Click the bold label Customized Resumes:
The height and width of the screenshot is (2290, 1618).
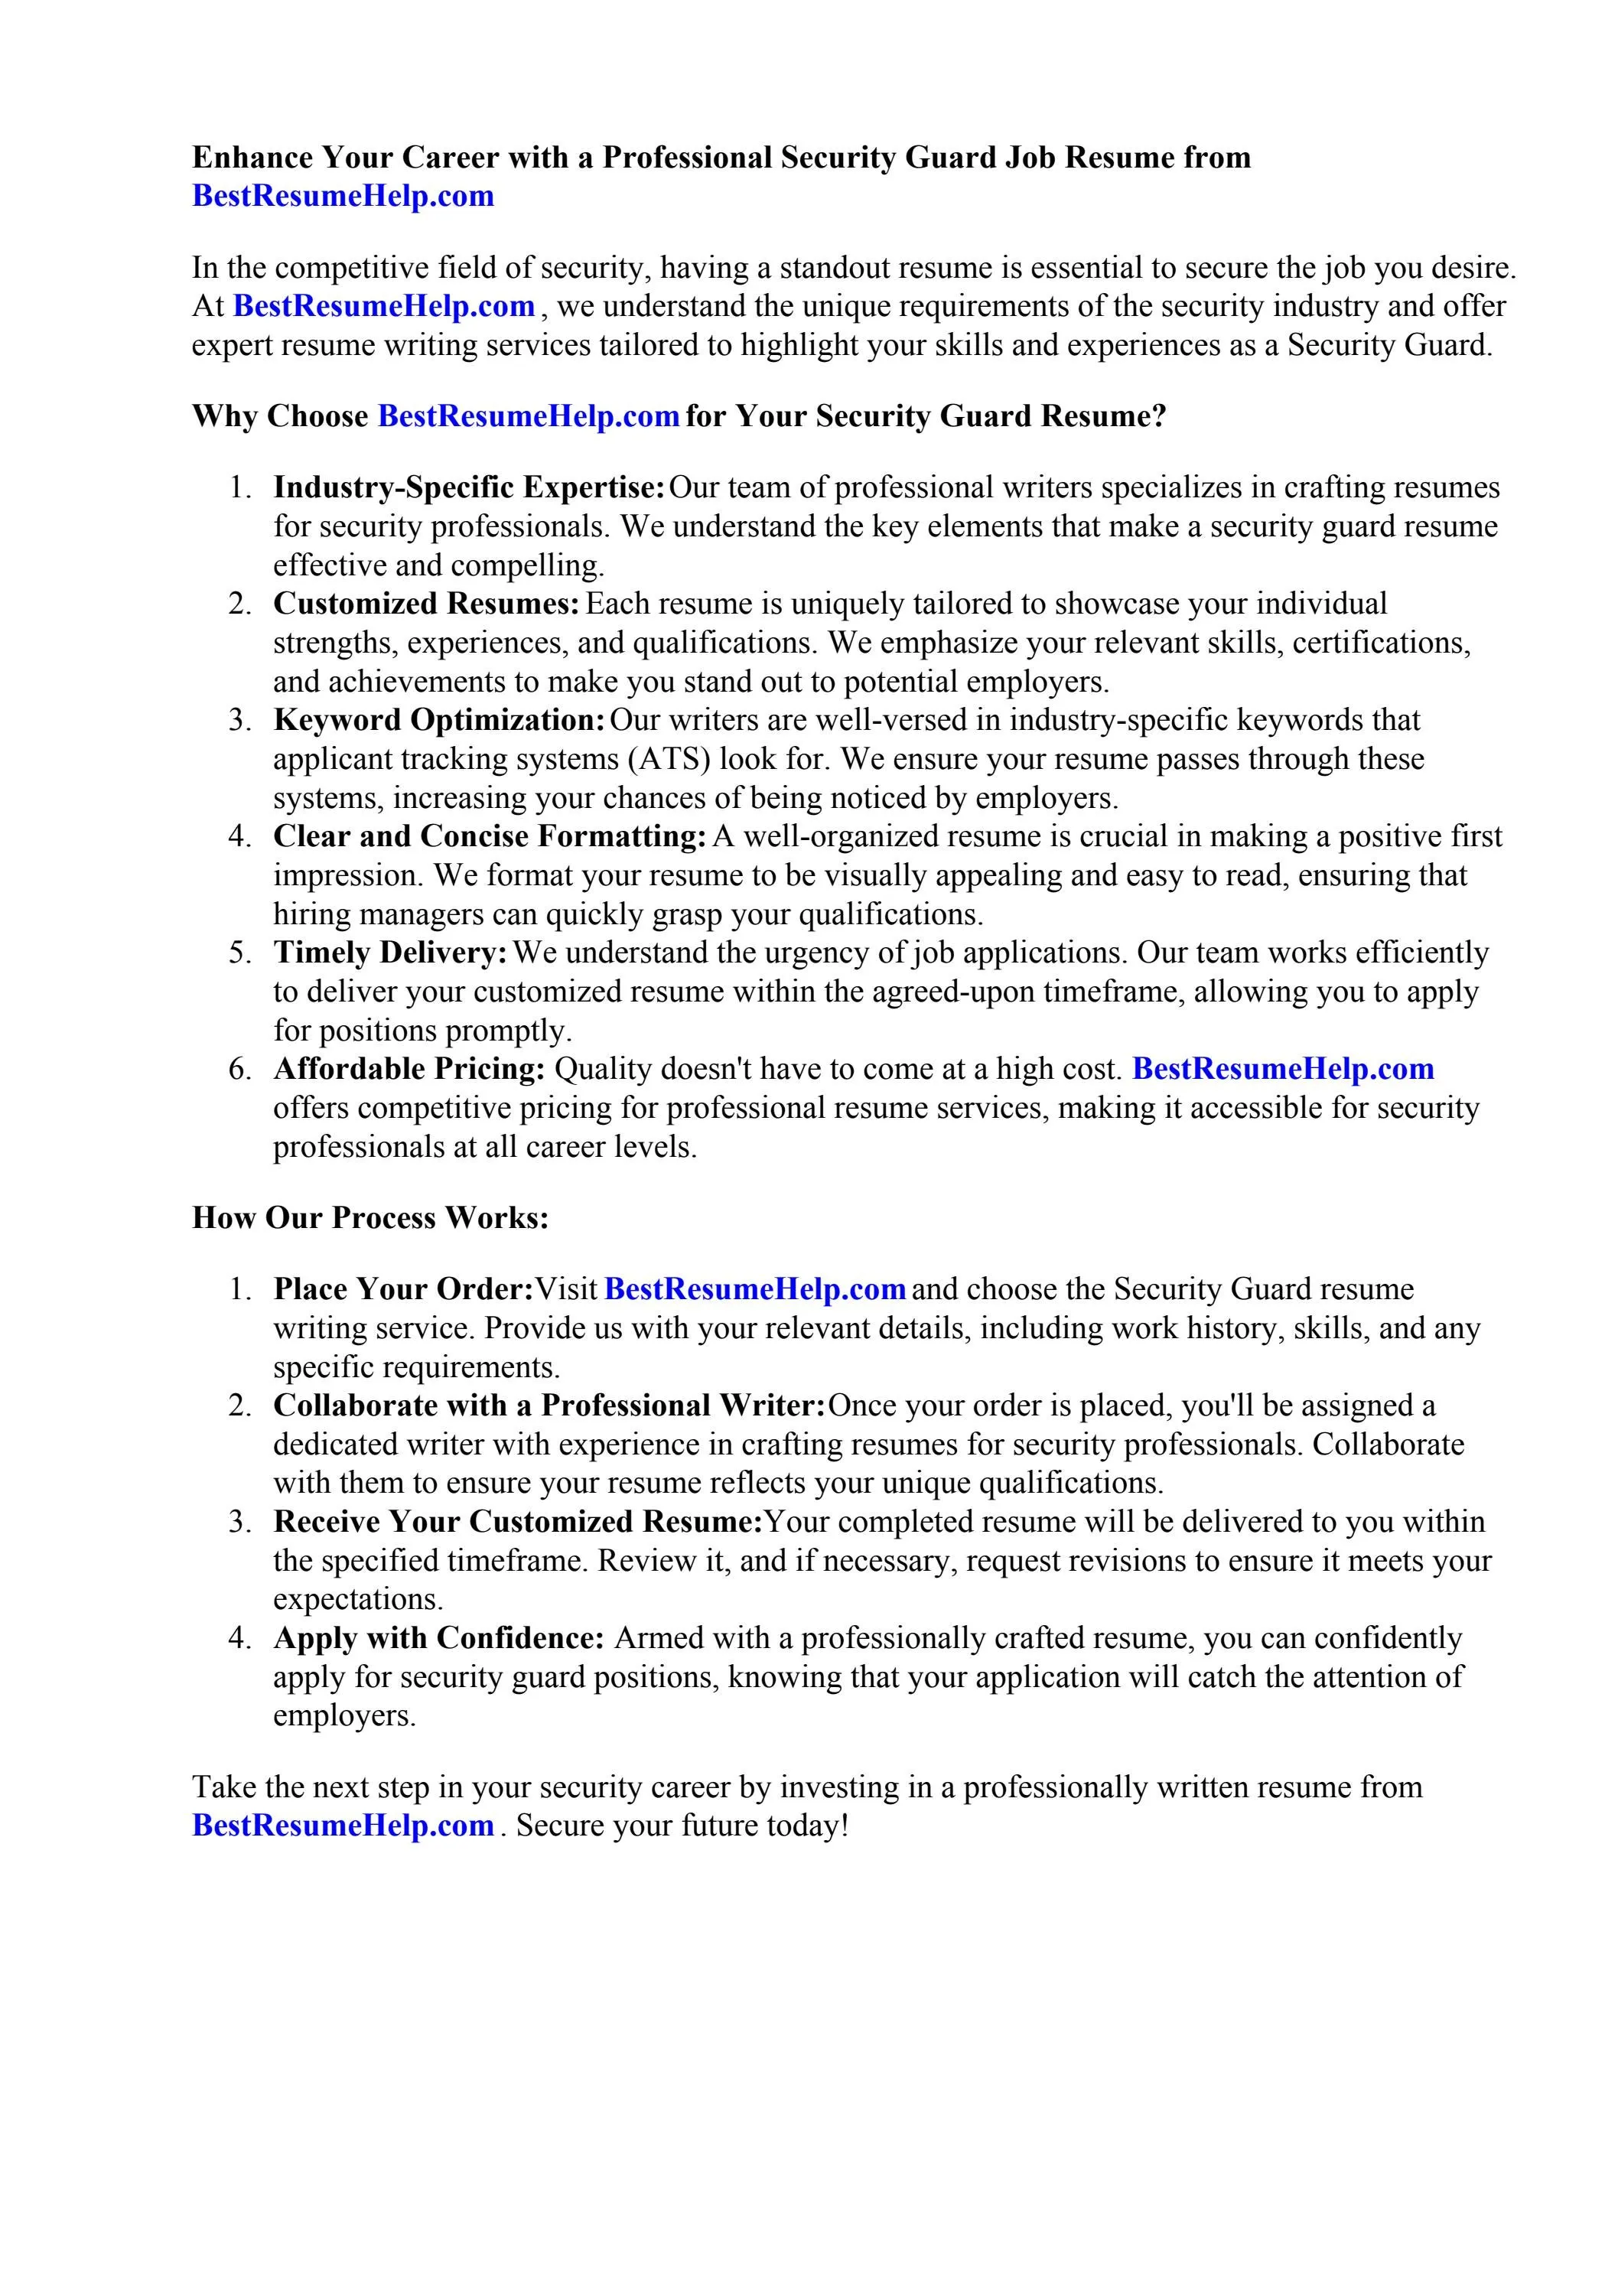426,604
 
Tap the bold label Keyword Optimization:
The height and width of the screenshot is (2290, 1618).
439,720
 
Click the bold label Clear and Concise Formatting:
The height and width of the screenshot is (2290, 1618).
490,837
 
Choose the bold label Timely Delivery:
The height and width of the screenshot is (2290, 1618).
390,953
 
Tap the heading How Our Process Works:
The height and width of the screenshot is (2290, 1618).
370,1218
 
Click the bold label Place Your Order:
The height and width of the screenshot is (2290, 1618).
403,1290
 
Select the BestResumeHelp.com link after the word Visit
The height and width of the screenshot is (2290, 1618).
755,1290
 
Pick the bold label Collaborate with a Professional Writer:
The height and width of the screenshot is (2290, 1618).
549,1406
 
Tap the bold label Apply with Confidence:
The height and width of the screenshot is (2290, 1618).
439,1639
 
